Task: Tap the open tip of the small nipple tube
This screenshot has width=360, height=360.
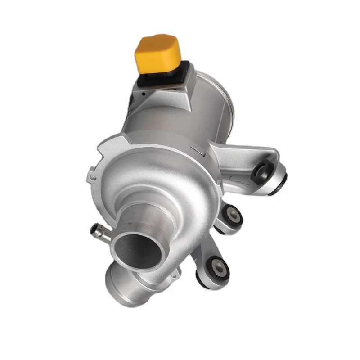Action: pos(96,228)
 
